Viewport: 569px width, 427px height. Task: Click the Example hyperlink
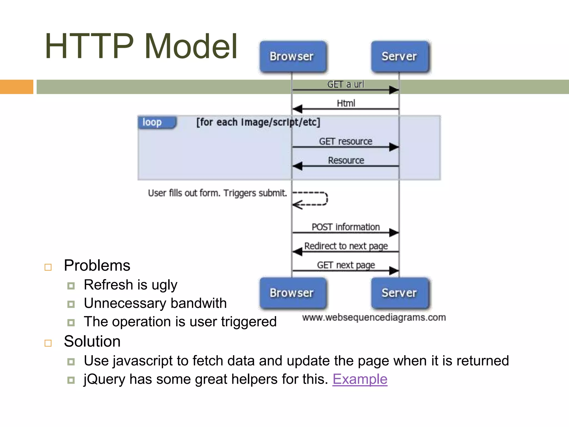(360, 379)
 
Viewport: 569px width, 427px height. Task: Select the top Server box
(399, 56)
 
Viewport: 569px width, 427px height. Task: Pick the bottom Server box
(399, 293)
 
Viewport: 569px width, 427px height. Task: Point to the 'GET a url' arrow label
(345, 84)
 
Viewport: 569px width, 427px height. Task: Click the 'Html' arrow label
(346, 103)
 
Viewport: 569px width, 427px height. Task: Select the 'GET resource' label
(345, 141)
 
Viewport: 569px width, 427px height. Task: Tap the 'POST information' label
(345, 227)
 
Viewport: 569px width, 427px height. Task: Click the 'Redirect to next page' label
(346, 246)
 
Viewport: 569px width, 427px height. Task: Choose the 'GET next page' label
(346, 265)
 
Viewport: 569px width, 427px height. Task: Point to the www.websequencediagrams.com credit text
(374, 317)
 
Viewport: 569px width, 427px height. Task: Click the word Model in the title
(191, 46)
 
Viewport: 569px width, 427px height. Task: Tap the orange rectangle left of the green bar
(16, 87)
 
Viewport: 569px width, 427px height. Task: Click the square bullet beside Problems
(48, 267)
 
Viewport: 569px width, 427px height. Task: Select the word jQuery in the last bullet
(104, 379)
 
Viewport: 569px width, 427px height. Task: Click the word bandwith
(198, 303)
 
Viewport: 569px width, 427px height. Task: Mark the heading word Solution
(92, 341)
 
